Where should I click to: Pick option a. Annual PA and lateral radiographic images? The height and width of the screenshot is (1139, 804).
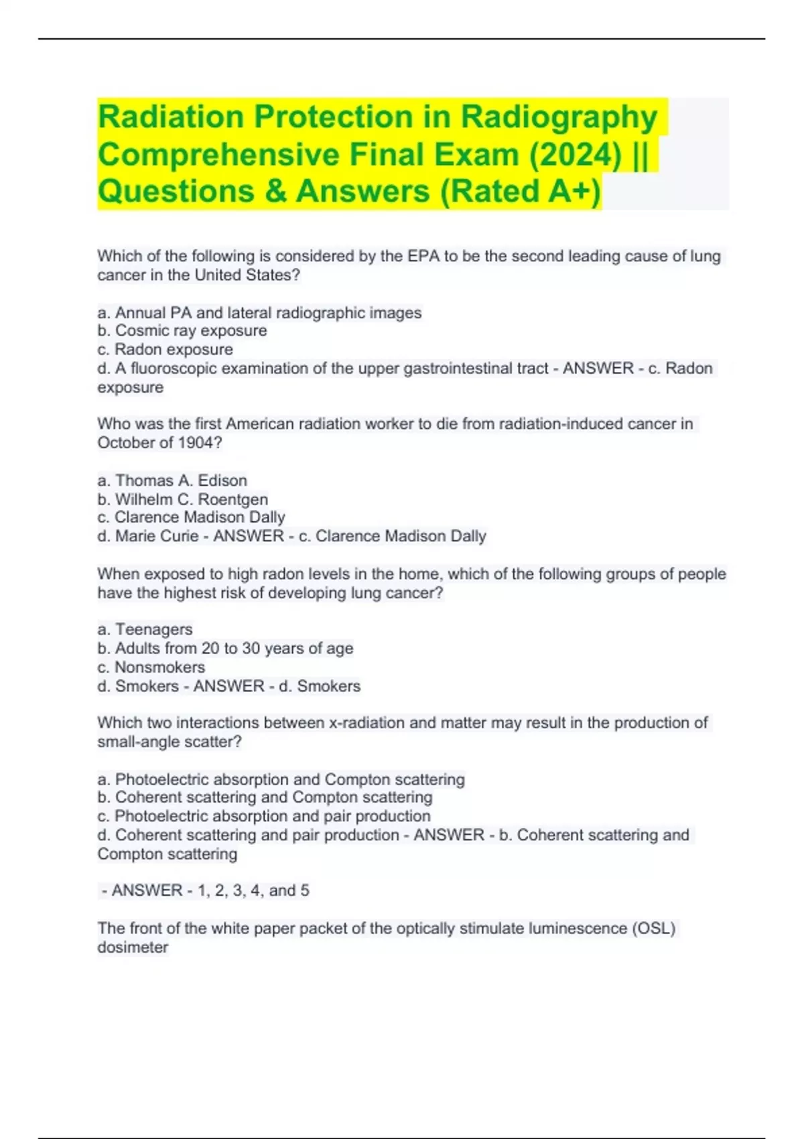[x=259, y=313]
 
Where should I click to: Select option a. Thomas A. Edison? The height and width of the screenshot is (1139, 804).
[x=172, y=480]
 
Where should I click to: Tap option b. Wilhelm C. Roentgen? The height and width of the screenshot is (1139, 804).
[x=183, y=499]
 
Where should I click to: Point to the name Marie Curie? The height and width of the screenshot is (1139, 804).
[x=157, y=536]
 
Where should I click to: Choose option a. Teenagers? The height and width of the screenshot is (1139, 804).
[x=145, y=629]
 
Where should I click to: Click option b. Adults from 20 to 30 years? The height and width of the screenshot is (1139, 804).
[x=225, y=649]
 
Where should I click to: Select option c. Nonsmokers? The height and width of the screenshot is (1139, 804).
[x=151, y=667]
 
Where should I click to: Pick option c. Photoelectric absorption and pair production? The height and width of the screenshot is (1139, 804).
[x=264, y=816]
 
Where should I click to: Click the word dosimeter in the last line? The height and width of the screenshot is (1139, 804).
[x=133, y=947]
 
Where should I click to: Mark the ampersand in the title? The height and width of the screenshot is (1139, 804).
[x=275, y=192]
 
